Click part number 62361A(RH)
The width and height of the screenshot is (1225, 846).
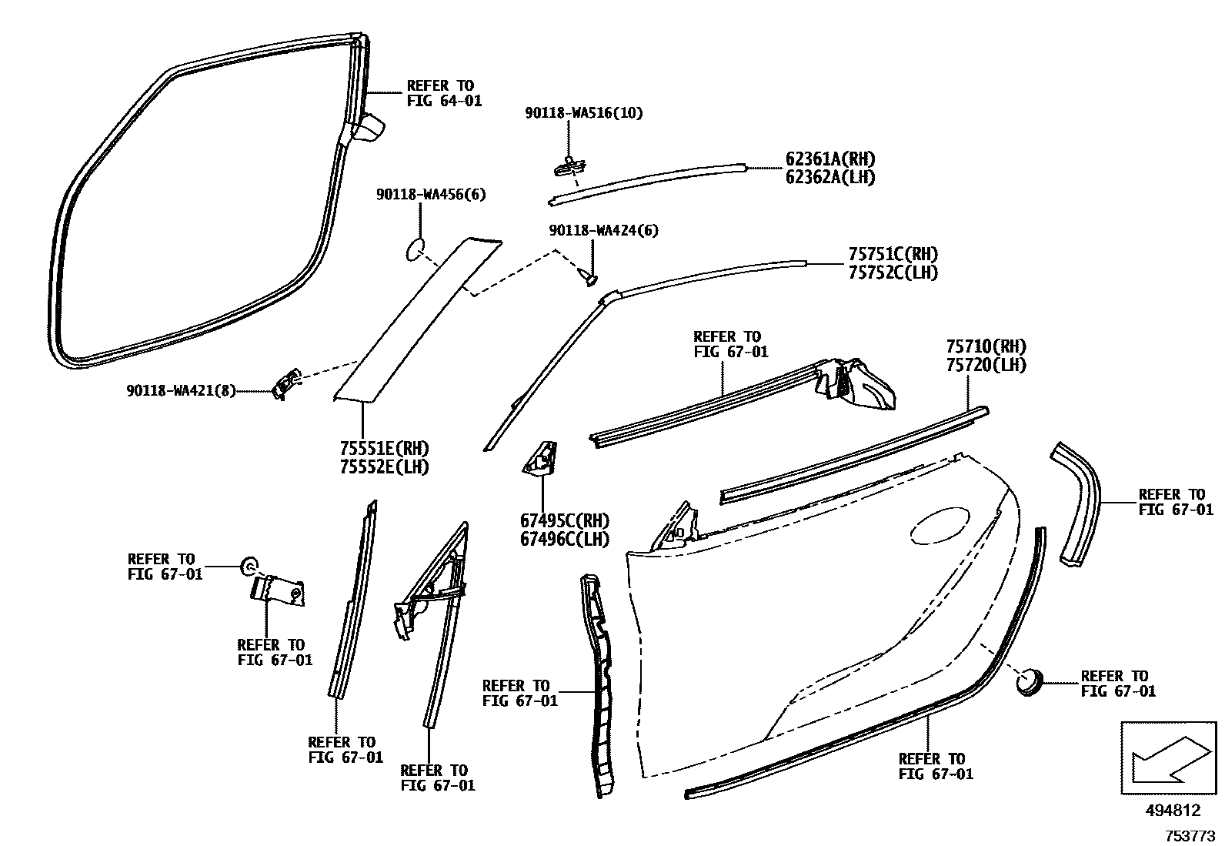pyautogui.click(x=829, y=159)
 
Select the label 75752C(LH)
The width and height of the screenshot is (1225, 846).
pyautogui.click(x=893, y=273)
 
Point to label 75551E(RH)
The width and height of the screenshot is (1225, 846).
pyautogui.click(x=384, y=449)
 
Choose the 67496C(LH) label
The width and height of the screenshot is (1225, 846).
pyautogui.click(x=564, y=539)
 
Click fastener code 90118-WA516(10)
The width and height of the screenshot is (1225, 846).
pyautogui.click(x=584, y=113)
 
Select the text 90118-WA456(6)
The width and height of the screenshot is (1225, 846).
pyautogui.click(x=431, y=196)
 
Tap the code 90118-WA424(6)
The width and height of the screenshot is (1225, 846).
pyautogui.click(x=603, y=231)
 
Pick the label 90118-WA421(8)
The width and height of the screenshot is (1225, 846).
pyautogui.click(x=181, y=391)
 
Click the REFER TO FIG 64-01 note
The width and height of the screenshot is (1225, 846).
pyautogui.click(x=444, y=93)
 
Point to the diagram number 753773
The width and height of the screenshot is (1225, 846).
pyautogui.click(x=1190, y=836)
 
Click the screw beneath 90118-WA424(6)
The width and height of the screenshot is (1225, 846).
pyautogui.click(x=590, y=275)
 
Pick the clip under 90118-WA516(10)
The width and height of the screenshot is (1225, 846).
pyautogui.click(x=569, y=164)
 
